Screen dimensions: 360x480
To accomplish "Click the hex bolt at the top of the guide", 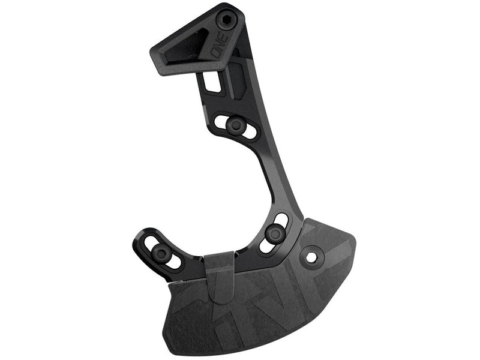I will click(229, 19).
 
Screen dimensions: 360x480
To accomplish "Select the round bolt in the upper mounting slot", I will click(235, 125).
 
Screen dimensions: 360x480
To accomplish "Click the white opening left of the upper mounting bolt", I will click(221, 121).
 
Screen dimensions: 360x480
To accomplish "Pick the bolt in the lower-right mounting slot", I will click(275, 233).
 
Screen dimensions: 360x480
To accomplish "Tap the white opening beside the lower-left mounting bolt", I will click(173, 262).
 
